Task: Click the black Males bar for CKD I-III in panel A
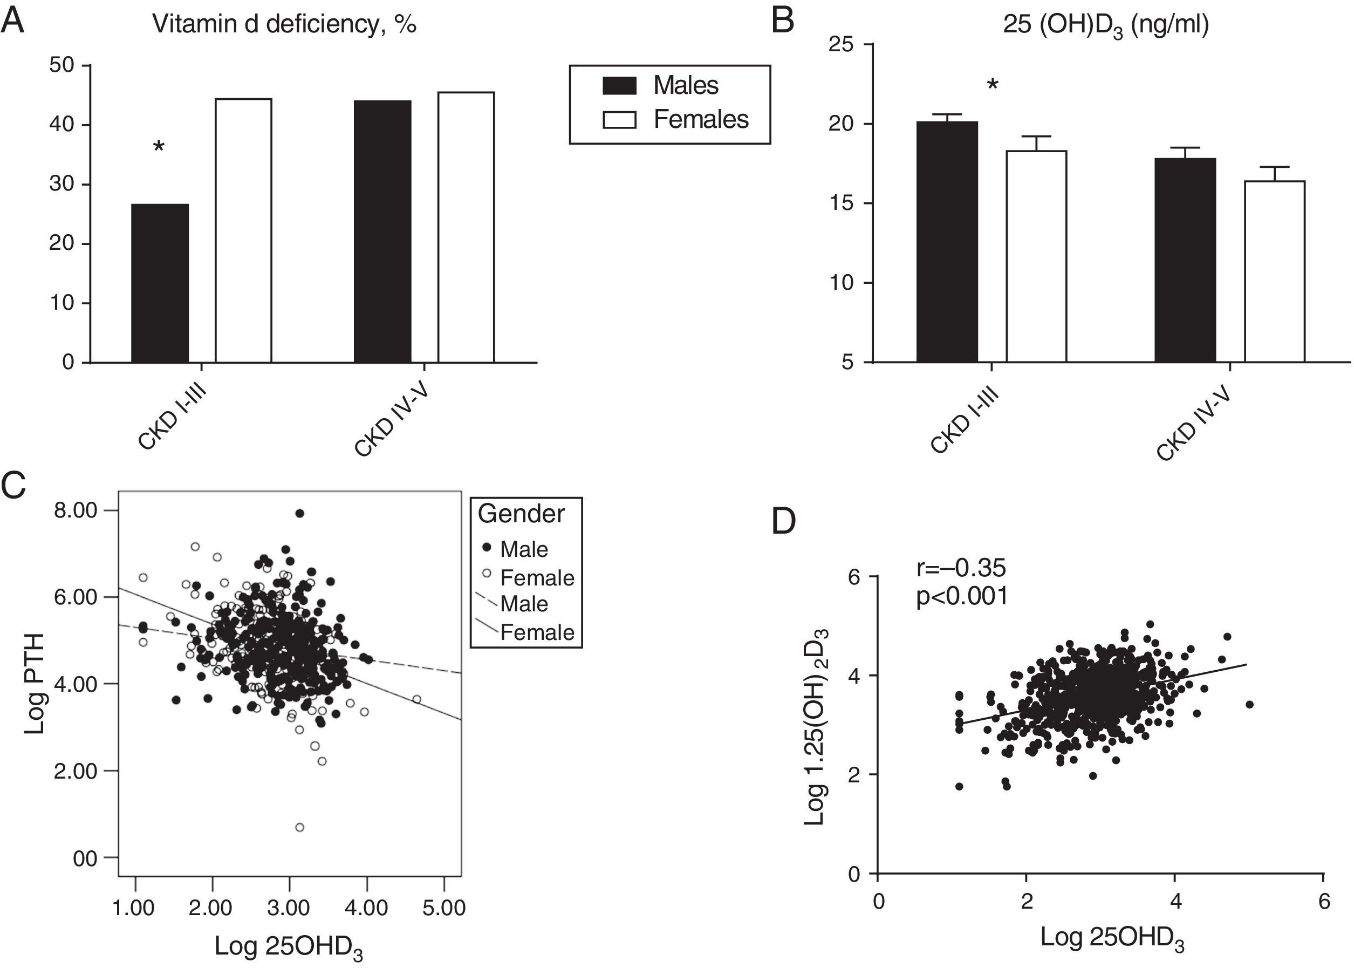click(160, 283)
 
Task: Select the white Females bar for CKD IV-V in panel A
click(466, 227)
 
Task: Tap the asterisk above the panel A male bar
click(159, 147)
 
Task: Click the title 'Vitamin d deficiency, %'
click(284, 24)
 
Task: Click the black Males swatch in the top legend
click(619, 86)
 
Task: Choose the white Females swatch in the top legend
click(619, 120)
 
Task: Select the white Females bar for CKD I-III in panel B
click(1036, 256)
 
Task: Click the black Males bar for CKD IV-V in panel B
click(1185, 260)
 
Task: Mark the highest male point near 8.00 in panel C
click(300, 513)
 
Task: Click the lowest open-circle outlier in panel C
click(300, 827)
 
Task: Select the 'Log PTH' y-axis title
click(36, 684)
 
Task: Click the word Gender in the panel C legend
click(521, 514)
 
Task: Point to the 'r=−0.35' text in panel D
click(961, 568)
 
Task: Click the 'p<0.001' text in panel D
click(962, 596)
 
